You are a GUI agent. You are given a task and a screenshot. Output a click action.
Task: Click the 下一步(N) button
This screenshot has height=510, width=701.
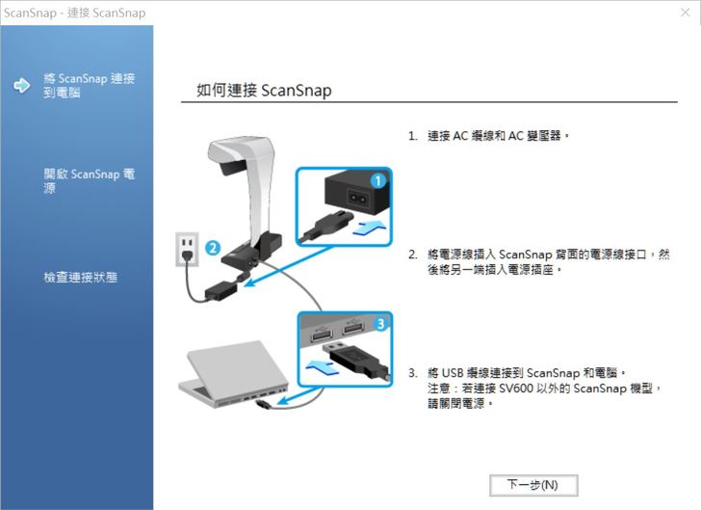click(x=533, y=485)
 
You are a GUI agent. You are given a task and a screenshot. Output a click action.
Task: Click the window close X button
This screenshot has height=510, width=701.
click(x=685, y=13)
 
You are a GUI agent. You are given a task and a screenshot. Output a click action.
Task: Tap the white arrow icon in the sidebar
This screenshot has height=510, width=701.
click(x=21, y=85)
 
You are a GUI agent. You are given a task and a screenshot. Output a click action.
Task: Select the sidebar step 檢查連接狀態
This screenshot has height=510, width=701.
click(x=81, y=277)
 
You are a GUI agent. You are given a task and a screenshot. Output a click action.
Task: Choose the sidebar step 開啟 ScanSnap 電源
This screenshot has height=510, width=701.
click(x=89, y=180)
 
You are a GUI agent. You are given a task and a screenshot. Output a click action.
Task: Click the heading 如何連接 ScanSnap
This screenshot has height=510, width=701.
click(x=264, y=91)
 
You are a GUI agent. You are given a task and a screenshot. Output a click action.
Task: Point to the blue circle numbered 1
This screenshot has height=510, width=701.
click(x=378, y=181)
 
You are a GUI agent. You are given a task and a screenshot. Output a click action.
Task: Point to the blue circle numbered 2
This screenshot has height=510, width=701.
click(x=213, y=248)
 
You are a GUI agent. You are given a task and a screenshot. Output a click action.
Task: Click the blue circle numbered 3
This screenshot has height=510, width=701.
click(x=380, y=323)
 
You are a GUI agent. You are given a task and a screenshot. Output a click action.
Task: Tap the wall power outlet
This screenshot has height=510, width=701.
click(x=187, y=250)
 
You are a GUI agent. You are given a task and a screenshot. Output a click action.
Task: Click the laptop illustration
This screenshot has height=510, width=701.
click(x=233, y=374)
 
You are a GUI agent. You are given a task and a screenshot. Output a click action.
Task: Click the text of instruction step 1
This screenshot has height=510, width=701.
click(x=488, y=135)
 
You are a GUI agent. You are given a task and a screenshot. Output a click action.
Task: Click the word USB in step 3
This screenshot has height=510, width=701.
click(x=453, y=373)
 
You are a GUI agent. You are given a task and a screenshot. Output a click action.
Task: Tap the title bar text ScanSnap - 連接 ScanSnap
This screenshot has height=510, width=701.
click(x=75, y=13)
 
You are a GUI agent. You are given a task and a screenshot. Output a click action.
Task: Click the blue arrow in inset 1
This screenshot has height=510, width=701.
click(x=370, y=227)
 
